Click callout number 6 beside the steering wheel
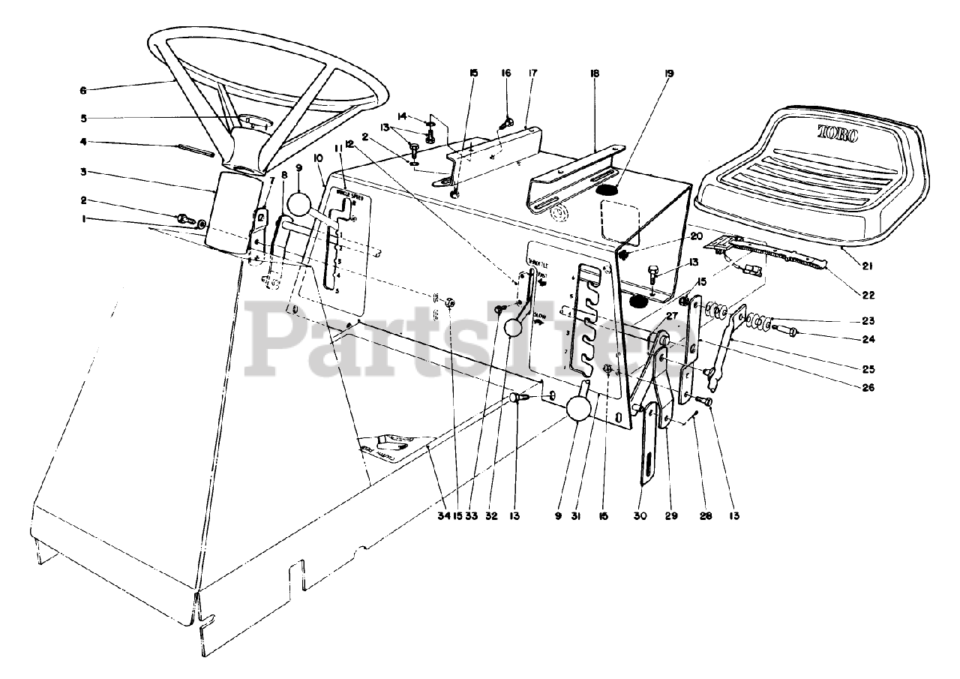click(x=82, y=91)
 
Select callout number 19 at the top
click(x=669, y=74)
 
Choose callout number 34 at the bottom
click(x=445, y=516)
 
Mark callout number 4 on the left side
click(x=84, y=142)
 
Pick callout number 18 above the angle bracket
click(x=595, y=74)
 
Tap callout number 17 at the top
click(x=532, y=74)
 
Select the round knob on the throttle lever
click(x=514, y=328)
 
